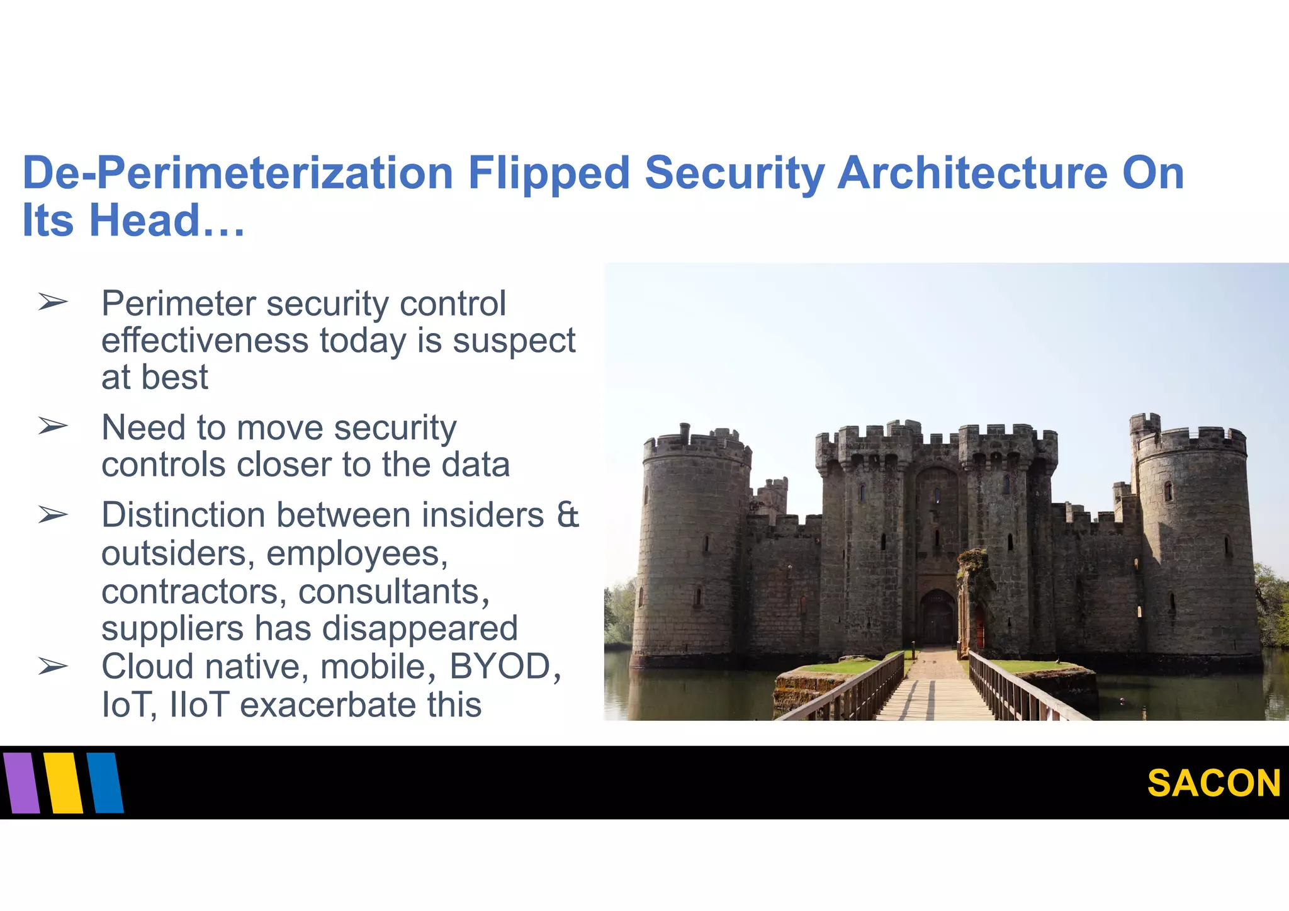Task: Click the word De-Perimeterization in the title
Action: (x=238, y=173)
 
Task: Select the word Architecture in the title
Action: (x=972, y=173)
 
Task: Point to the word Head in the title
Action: (x=145, y=220)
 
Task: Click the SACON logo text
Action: (x=1213, y=783)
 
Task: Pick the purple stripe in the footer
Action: (x=21, y=783)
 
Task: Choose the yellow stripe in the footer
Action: (x=64, y=783)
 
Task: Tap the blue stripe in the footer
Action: (x=105, y=783)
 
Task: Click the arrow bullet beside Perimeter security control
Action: (x=52, y=303)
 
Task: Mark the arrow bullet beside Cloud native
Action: (x=52, y=666)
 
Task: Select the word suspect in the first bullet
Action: (x=514, y=342)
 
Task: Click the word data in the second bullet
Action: (x=475, y=465)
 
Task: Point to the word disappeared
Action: (x=420, y=628)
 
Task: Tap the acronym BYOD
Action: (x=500, y=666)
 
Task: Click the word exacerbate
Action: (x=327, y=704)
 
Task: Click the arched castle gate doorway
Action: (x=937, y=617)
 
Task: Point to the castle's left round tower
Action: (x=692, y=548)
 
